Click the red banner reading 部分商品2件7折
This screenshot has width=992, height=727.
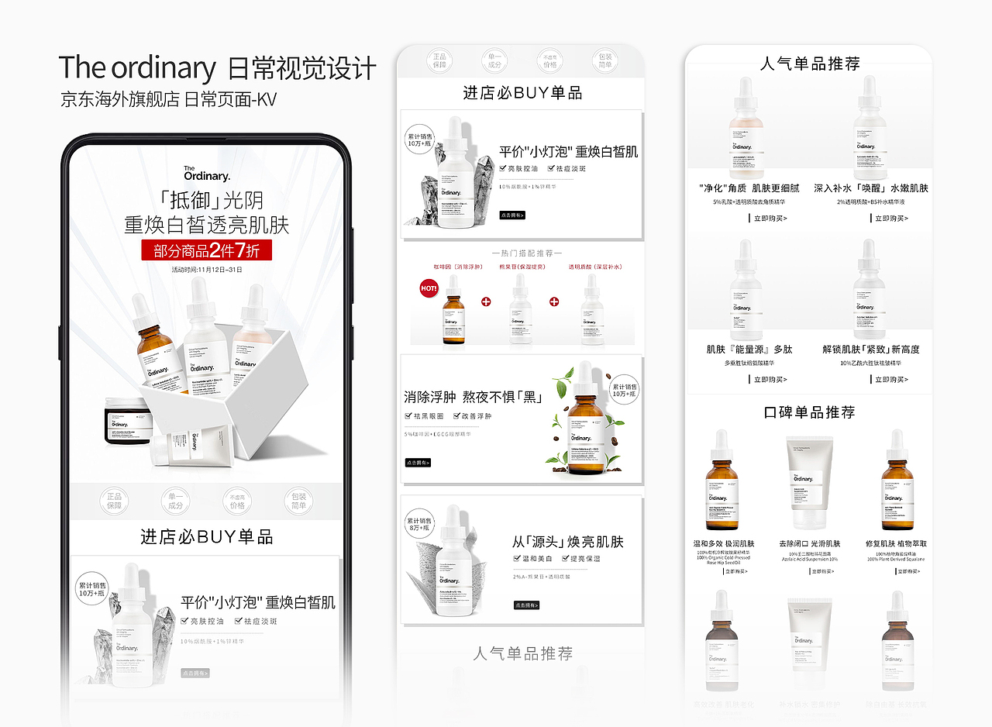(206, 250)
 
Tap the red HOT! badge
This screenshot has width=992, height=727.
(429, 288)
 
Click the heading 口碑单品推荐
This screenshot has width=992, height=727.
(809, 412)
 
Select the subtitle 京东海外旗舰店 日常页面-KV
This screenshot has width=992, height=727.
(168, 99)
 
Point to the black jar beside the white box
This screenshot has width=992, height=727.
(127, 420)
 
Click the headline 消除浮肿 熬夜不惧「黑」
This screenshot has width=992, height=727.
(473, 398)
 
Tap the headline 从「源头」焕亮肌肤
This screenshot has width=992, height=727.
(567, 541)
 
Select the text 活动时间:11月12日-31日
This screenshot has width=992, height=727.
(207, 270)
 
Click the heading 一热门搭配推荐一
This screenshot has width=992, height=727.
(527, 253)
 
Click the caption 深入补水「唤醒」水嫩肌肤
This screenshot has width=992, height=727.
(870, 188)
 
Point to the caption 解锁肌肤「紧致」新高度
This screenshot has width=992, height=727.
(870, 350)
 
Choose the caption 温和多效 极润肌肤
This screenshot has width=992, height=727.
(724, 544)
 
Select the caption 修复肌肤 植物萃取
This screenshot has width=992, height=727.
(896, 544)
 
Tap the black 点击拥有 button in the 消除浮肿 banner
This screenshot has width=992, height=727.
(417, 463)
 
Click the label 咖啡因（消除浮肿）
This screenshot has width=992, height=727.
(452, 267)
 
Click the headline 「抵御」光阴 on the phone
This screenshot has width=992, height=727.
(207, 201)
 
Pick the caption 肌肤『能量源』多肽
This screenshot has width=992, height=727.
(749, 350)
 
